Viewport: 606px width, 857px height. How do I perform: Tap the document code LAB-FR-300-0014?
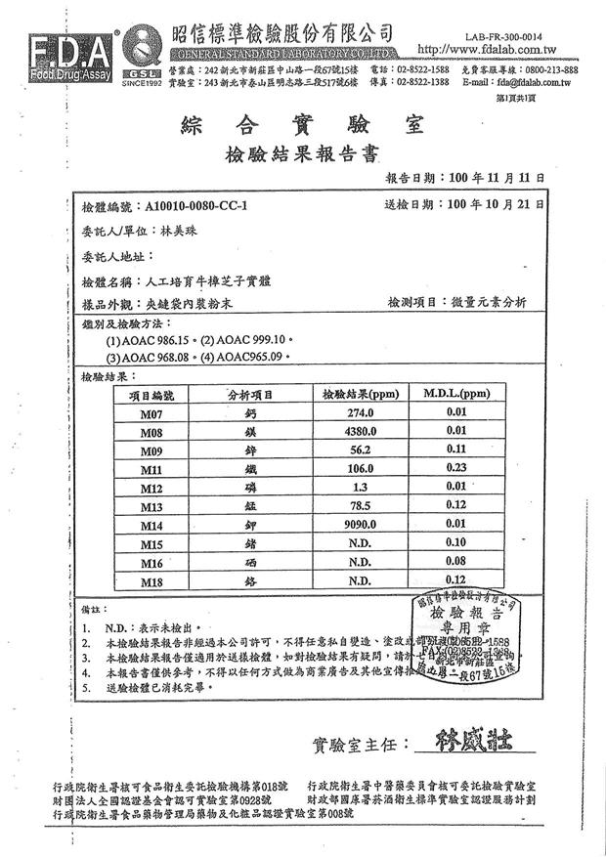point(518,32)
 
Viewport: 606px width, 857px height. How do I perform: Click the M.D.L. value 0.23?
point(454,469)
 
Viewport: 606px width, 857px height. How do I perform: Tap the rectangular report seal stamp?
point(464,635)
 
